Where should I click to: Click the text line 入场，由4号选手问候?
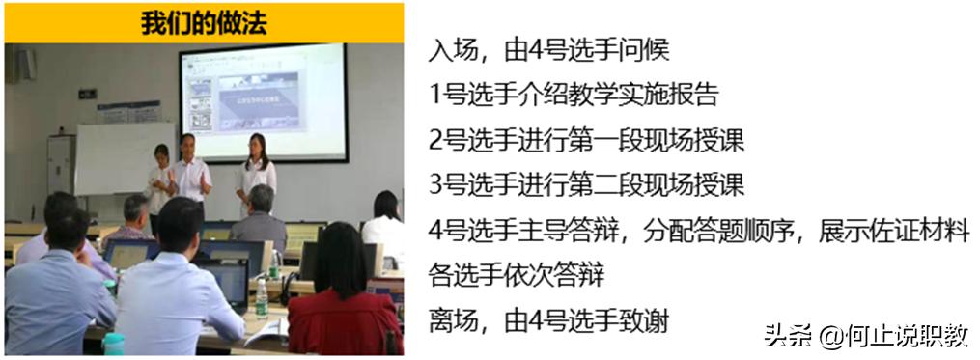(x=548, y=49)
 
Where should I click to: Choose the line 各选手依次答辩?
(x=517, y=277)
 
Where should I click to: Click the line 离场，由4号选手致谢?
(x=548, y=322)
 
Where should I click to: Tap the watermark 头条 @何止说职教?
(x=866, y=336)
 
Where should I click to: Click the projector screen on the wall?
(x=263, y=103)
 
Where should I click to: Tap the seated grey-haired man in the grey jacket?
(x=259, y=217)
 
